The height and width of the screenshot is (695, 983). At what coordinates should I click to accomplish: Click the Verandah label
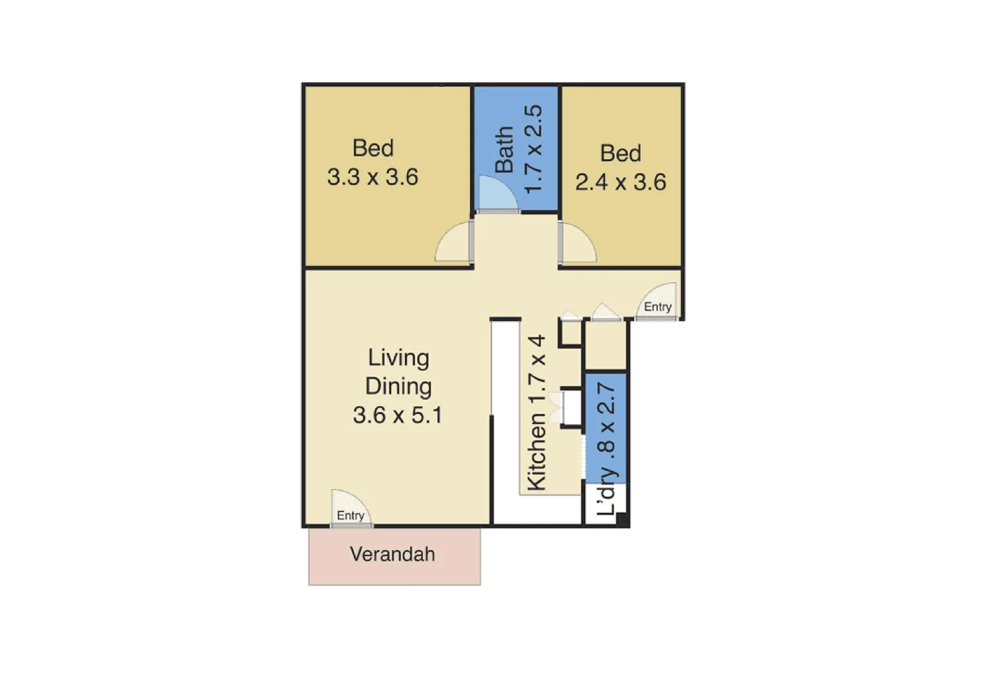392,554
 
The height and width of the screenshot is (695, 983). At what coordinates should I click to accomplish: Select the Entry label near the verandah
350,515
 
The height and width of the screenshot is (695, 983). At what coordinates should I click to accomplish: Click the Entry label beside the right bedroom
657,307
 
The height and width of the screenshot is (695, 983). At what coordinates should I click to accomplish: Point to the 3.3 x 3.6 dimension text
373,177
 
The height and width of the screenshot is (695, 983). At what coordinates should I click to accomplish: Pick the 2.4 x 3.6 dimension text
621,182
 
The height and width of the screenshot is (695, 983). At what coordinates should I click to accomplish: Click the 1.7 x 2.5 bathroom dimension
534,149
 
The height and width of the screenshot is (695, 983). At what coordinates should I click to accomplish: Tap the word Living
398,358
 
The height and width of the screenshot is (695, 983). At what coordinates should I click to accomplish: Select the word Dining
398,386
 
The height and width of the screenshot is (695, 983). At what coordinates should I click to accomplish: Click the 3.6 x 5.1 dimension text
398,415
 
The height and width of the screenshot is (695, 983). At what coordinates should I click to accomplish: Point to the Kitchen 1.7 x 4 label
537,412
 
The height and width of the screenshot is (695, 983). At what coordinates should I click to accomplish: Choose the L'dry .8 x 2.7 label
606,449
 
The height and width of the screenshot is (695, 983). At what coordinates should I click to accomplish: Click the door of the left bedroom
454,244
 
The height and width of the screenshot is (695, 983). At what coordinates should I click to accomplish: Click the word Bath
504,149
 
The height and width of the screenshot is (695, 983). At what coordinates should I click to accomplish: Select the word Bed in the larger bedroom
373,148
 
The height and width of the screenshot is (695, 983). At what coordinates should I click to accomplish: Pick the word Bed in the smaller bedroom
621,153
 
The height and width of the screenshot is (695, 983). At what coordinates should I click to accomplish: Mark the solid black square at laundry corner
623,521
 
